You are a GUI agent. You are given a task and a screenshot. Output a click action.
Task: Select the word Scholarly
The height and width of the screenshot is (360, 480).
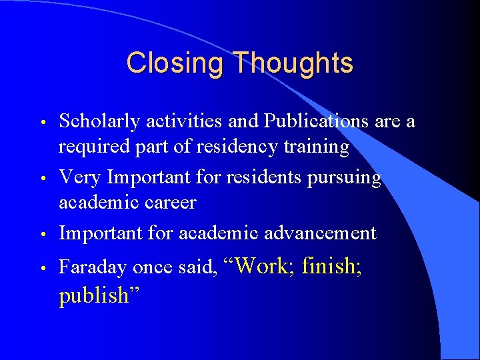[x=99, y=121]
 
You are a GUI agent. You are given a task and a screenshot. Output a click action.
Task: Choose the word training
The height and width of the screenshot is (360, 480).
[x=315, y=147]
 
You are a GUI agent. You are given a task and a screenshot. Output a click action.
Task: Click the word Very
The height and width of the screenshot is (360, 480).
[x=81, y=177]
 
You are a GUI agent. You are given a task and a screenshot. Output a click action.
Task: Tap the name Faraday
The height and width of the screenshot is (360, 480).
[x=93, y=268]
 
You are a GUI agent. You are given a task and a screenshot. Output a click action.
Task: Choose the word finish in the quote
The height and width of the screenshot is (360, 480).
[x=331, y=267]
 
